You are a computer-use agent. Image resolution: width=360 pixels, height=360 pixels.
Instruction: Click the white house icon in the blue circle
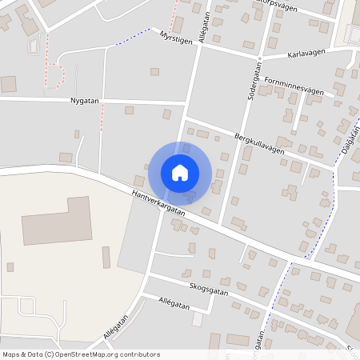180,172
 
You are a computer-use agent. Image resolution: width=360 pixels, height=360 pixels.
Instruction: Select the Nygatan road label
84,101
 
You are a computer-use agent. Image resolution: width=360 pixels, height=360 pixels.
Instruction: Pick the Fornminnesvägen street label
294,86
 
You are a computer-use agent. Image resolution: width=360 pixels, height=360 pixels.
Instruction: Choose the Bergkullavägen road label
258,146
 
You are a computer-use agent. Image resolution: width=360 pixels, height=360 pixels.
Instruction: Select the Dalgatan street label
347,138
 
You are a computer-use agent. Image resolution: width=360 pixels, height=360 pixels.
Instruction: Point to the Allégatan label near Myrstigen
206,26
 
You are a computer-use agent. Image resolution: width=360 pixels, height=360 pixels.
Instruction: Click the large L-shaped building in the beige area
56,222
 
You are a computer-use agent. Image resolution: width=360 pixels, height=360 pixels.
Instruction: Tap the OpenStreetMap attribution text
81,354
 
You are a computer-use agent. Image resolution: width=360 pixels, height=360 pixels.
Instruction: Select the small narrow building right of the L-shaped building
106,258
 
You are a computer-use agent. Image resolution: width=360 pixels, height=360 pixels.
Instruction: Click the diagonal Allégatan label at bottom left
116,326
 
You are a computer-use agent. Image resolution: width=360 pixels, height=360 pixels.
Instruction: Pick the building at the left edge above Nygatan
8,83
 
